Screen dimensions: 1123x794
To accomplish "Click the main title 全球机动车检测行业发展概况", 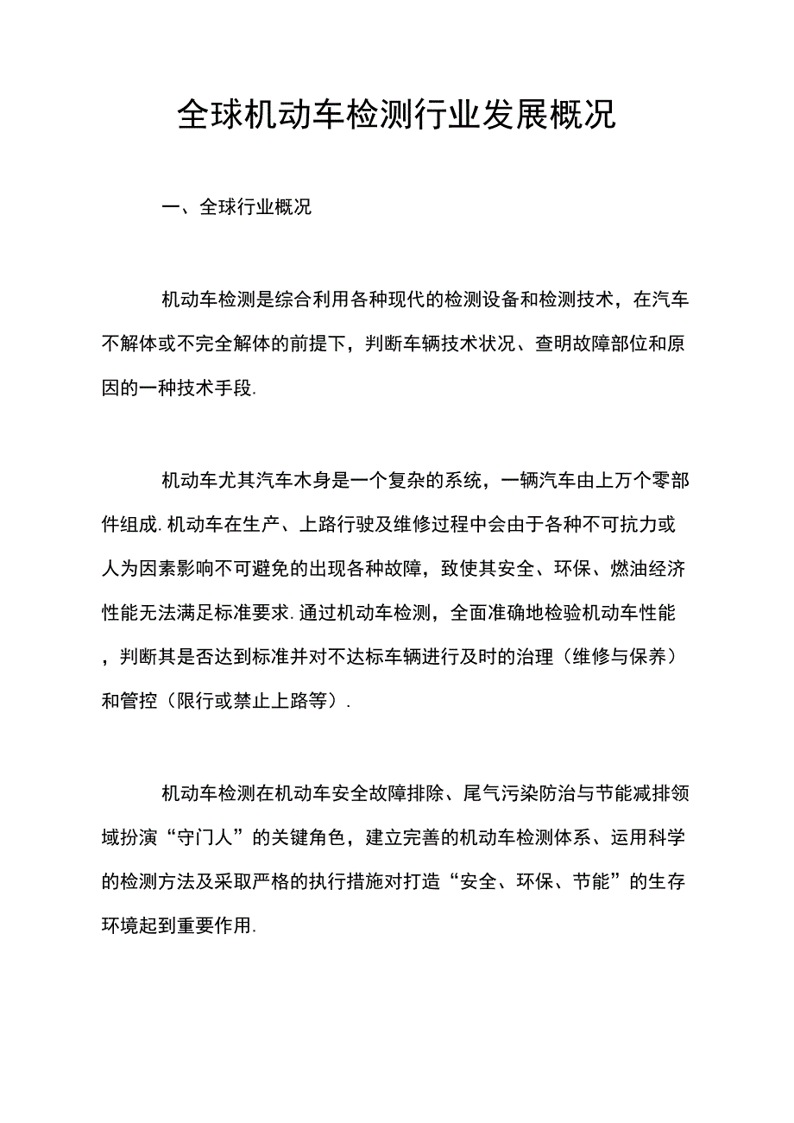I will tap(397, 115).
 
